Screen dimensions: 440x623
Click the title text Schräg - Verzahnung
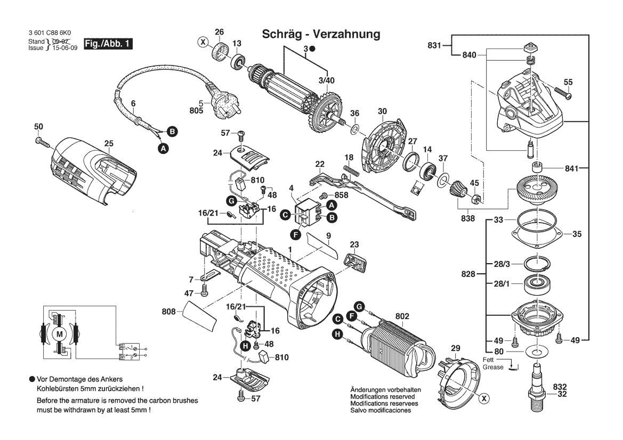pos(321,34)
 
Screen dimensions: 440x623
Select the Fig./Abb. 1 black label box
pos(108,44)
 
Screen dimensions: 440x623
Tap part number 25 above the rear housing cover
pos(109,143)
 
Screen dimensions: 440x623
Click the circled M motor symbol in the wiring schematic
pos(59,334)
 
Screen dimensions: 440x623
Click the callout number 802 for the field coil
pos(402,316)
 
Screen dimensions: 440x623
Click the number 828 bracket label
pos(468,274)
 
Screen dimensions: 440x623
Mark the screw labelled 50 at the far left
pos(42,142)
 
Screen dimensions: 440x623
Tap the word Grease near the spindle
pos(493,367)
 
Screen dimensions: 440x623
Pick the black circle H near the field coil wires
pos(337,334)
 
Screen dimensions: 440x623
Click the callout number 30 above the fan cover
pos(382,112)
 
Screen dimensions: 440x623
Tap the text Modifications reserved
pos(384,397)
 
